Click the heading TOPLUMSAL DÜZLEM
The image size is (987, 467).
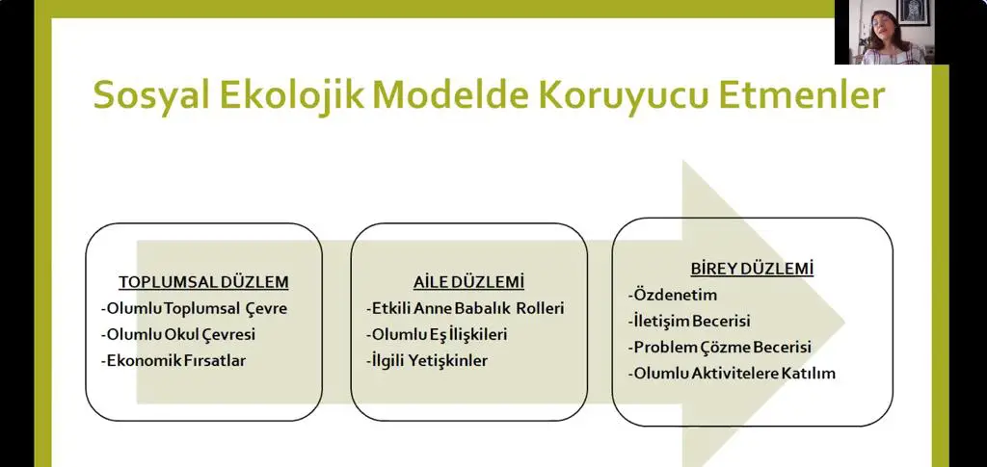(x=204, y=282)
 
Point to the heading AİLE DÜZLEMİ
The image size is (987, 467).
(x=469, y=282)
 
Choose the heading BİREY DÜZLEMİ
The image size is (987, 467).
(x=752, y=269)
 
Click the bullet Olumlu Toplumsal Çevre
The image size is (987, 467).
(x=194, y=309)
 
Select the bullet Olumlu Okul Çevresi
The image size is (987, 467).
(x=178, y=335)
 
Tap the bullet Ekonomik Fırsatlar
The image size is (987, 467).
(x=173, y=361)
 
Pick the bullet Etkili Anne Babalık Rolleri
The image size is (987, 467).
(x=466, y=309)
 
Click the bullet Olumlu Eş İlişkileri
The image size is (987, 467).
(x=437, y=335)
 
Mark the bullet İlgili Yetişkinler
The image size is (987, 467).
(x=427, y=361)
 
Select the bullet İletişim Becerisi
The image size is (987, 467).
(x=689, y=322)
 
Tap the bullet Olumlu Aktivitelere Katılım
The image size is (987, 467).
(x=732, y=374)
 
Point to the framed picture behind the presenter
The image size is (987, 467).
(x=913, y=12)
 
